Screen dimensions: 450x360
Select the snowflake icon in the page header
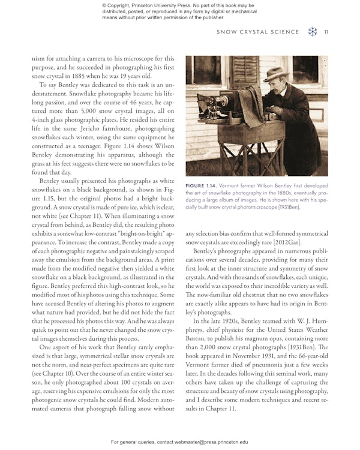tap(312, 32)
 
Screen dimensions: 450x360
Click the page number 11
tap(326, 32)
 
